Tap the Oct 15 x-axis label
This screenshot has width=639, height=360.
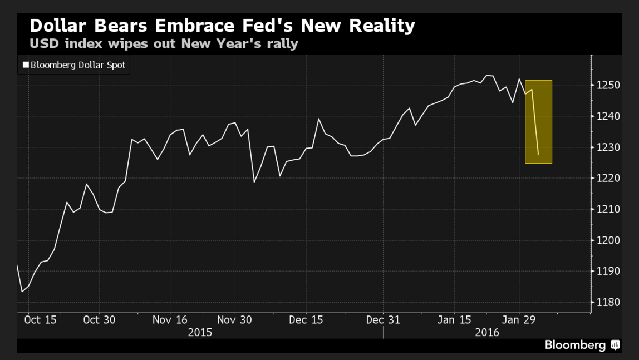[x=40, y=320]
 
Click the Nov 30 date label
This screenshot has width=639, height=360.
[x=234, y=320]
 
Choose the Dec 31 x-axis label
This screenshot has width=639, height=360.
[x=384, y=320]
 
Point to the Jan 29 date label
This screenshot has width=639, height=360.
[x=519, y=320]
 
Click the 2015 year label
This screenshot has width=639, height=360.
[x=200, y=332]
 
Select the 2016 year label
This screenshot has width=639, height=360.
[x=487, y=332]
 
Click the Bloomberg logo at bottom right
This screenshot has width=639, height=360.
[x=582, y=345]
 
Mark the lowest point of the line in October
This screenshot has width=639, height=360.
[x=22, y=292]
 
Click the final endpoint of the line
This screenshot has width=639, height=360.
[x=538, y=155]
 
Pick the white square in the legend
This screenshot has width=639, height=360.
[x=25, y=65]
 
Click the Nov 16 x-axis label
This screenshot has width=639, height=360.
[x=170, y=320]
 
